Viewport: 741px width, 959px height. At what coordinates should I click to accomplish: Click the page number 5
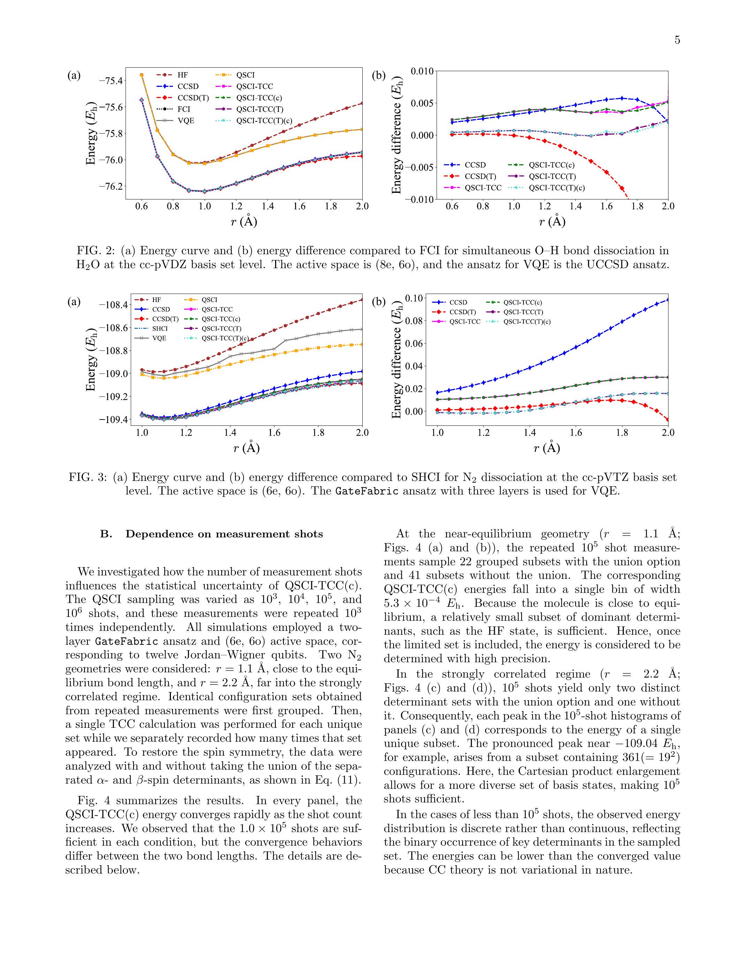point(677,40)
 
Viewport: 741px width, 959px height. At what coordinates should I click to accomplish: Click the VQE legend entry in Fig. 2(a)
point(186,121)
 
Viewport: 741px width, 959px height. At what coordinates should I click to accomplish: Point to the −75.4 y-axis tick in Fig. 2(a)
point(111,81)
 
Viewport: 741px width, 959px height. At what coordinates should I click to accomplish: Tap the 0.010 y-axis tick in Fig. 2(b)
point(422,71)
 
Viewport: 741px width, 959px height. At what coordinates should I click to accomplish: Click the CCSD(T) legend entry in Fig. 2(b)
point(480,176)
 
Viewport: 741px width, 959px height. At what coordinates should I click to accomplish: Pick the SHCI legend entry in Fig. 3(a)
point(160,329)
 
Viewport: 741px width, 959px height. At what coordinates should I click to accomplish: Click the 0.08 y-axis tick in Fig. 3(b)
point(414,321)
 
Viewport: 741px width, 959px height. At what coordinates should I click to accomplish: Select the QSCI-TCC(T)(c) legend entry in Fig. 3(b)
point(527,322)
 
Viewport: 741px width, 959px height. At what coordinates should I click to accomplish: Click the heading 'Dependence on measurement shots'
point(224,534)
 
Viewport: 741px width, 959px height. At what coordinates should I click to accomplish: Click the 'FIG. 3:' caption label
point(88,477)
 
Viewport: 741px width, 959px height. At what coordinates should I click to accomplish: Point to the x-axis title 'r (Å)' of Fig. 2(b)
point(552,222)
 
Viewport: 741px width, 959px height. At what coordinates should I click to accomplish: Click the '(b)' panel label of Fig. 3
point(378,302)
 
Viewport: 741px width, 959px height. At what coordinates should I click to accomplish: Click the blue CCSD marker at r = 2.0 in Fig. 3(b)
point(668,300)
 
